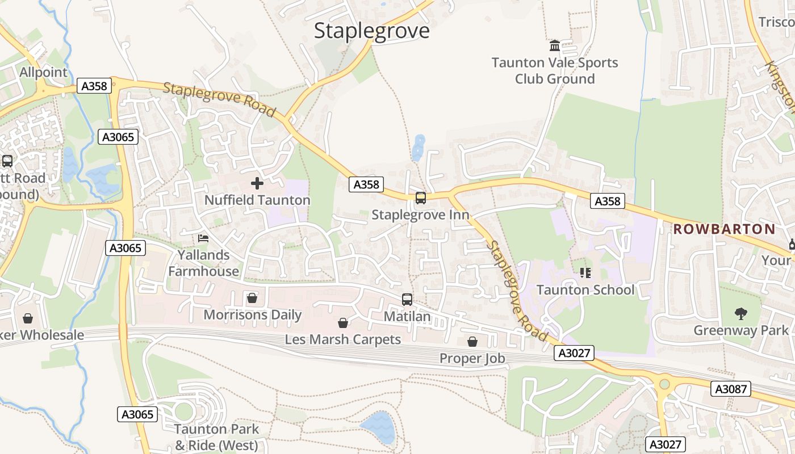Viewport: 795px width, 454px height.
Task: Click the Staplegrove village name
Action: pos(372,31)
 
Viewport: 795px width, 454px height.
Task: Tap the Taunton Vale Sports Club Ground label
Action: pos(555,71)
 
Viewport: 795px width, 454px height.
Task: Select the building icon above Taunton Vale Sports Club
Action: pos(555,45)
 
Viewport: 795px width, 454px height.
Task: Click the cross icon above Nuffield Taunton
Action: pos(257,183)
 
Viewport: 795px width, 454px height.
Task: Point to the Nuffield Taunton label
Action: pos(257,200)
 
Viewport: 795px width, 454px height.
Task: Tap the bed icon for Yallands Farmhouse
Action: pos(203,238)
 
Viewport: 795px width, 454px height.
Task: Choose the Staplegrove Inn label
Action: pos(420,215)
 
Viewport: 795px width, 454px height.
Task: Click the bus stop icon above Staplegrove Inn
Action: pos(420,198)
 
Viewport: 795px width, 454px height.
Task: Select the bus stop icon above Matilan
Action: pos(407,299)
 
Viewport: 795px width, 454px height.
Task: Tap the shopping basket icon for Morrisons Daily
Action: pos(252,298)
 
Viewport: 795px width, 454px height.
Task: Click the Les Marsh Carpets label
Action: pos(343,340)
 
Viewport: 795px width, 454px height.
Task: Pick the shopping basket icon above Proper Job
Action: pos(472,342)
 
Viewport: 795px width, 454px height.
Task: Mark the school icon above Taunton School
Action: pos(585,273)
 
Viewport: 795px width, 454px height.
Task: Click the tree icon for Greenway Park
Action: pos(740,313)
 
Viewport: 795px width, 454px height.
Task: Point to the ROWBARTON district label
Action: pos(724,229)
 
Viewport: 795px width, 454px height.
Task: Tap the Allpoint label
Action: pos(43,73)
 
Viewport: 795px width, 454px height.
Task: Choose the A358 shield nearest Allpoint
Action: pos(94,86)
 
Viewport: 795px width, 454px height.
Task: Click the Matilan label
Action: pos(407,317)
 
